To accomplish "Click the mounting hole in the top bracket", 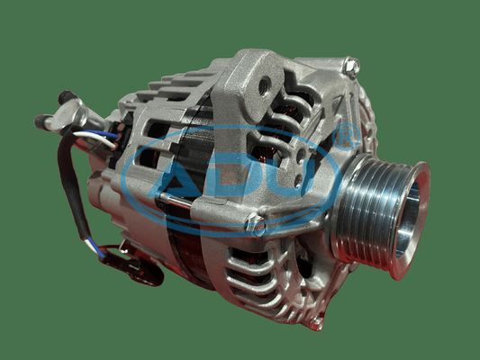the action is tap(265, 85).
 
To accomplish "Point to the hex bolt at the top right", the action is tap(351, 67).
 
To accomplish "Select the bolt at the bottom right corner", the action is tap(316, 323).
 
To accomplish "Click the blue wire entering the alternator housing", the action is tap(105, 134).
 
